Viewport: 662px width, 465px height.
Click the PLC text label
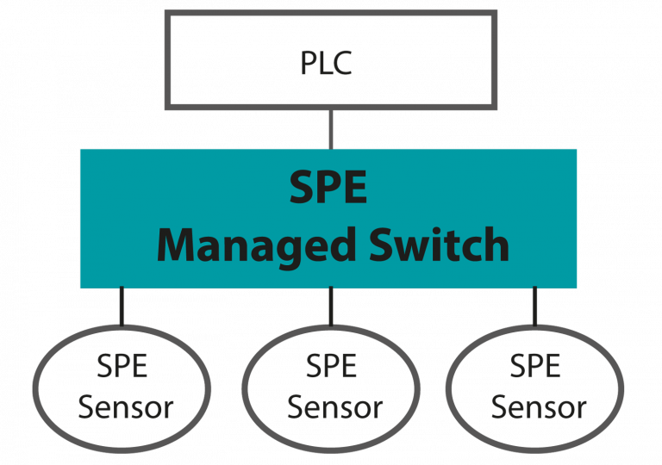pos(327,63)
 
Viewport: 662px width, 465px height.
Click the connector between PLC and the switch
pos(331,128)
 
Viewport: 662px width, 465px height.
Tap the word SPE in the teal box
pos(328,188)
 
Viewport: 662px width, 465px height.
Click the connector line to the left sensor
pos(121,307)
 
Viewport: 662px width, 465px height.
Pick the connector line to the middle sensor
pos(331,307)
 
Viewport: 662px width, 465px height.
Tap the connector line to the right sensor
pos(534,307)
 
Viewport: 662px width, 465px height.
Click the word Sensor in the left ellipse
pos(125,406)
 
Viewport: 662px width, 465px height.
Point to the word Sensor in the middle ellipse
pos(334,406)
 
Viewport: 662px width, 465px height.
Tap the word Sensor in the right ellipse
pos(539,406)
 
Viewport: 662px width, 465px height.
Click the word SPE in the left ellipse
pos(122,367)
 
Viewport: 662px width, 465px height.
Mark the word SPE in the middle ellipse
pos(332,367)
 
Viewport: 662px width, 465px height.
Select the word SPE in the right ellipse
pos(535,367)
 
